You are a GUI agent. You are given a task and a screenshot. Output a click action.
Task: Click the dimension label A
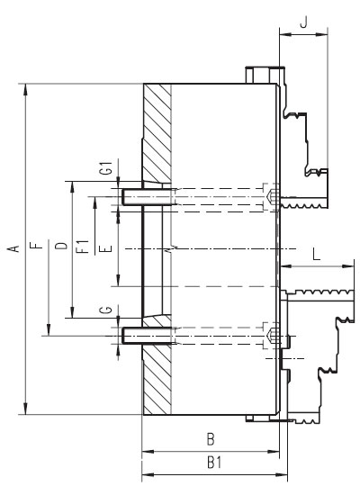tap(13, 248)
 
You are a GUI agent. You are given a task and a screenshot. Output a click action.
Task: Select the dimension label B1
tap(214, 463)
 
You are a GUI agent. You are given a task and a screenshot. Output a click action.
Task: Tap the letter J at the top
tap(303, 22)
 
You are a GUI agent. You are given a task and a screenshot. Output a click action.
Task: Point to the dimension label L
tap(317, 254)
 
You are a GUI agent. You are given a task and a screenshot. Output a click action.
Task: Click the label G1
tap(108, 168)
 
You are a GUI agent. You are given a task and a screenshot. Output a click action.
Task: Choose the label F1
tap(84, 247)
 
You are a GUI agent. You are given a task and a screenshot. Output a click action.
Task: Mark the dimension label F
tap(37, 246)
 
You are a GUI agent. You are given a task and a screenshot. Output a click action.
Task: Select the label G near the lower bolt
tap(108, 310)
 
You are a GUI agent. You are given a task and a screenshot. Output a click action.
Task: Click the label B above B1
tap(211, 439)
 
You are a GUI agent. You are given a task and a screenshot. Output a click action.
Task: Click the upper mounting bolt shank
tap(148, 197)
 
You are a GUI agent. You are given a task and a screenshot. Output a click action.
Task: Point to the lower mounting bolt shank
tap(148, 336)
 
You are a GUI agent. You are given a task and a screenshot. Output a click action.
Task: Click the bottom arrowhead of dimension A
tap(25, 409)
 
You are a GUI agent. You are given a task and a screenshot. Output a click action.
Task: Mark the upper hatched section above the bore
tap(157, 132)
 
